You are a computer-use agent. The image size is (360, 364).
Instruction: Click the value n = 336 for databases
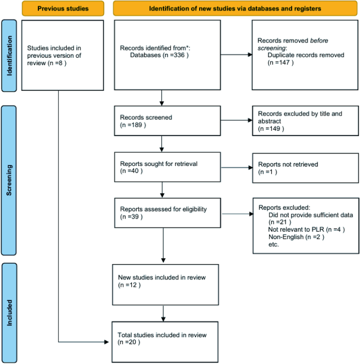tap(171, 54)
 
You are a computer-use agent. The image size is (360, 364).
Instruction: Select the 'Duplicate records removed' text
tap(305, 55)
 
